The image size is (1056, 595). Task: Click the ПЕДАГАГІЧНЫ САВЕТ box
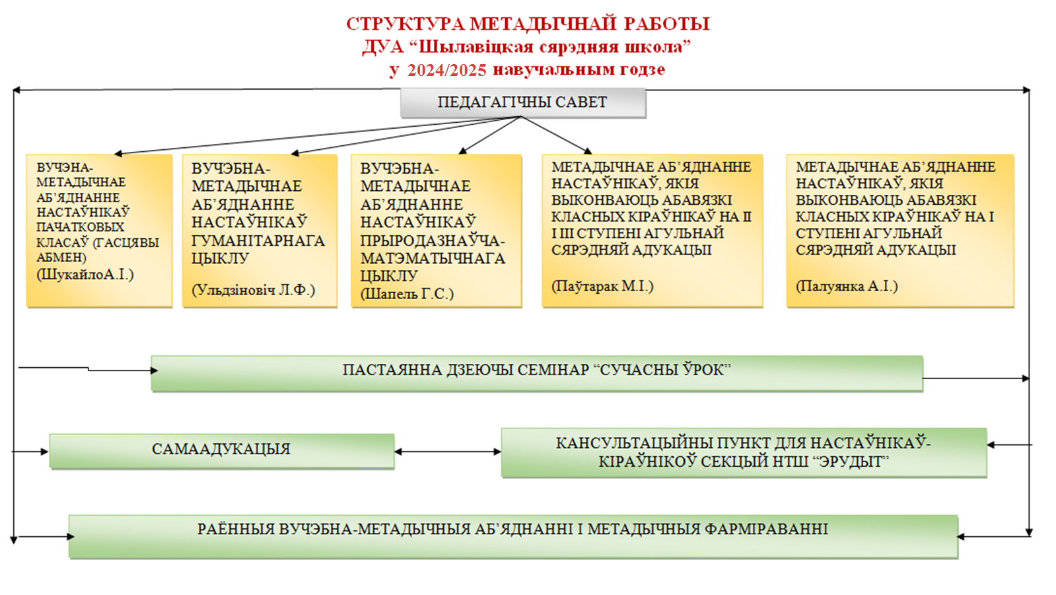523,102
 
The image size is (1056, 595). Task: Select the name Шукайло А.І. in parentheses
85,275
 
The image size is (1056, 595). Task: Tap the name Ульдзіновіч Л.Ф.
253,289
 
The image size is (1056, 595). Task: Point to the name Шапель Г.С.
407,294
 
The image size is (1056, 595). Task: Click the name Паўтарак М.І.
602,286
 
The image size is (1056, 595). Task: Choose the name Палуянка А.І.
847,286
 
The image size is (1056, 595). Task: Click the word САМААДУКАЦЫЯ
221,449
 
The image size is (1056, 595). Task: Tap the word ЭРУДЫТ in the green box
854,461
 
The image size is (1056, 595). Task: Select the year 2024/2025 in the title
446,70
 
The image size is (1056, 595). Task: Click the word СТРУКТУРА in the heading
405,24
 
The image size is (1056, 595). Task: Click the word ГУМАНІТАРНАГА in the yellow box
258,240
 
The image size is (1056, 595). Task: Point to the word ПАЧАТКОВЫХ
81,227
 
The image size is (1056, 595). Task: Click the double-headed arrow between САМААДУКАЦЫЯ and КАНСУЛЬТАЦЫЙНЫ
448,452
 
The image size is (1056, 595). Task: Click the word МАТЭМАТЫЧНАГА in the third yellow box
433,258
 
